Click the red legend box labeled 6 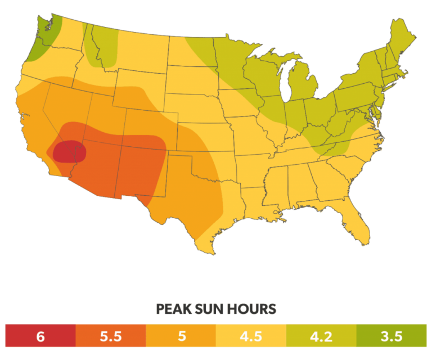pos(40,336)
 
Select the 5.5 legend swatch pos(110,336)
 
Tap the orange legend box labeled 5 pos(181,336)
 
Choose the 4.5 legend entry pos(251,336)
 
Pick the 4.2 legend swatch pos(321,336)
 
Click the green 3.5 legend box pos(391,336)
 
